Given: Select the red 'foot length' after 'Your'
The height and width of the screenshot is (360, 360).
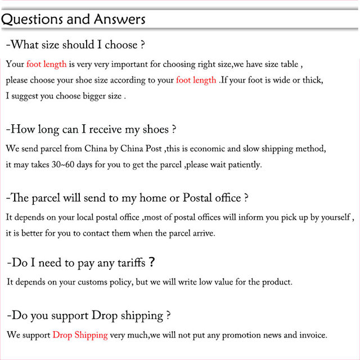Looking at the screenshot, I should (47, 64).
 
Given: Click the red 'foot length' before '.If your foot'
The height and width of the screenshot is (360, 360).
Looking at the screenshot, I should (196, 80).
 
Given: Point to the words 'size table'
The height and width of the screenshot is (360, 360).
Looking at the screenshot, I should (283, 64).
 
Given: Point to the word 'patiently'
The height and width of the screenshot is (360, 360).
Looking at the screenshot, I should (244, 165).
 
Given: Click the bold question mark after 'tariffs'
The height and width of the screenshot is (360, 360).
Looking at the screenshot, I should (152, 262).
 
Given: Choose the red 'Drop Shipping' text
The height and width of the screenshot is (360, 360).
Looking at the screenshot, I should (80, 335).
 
